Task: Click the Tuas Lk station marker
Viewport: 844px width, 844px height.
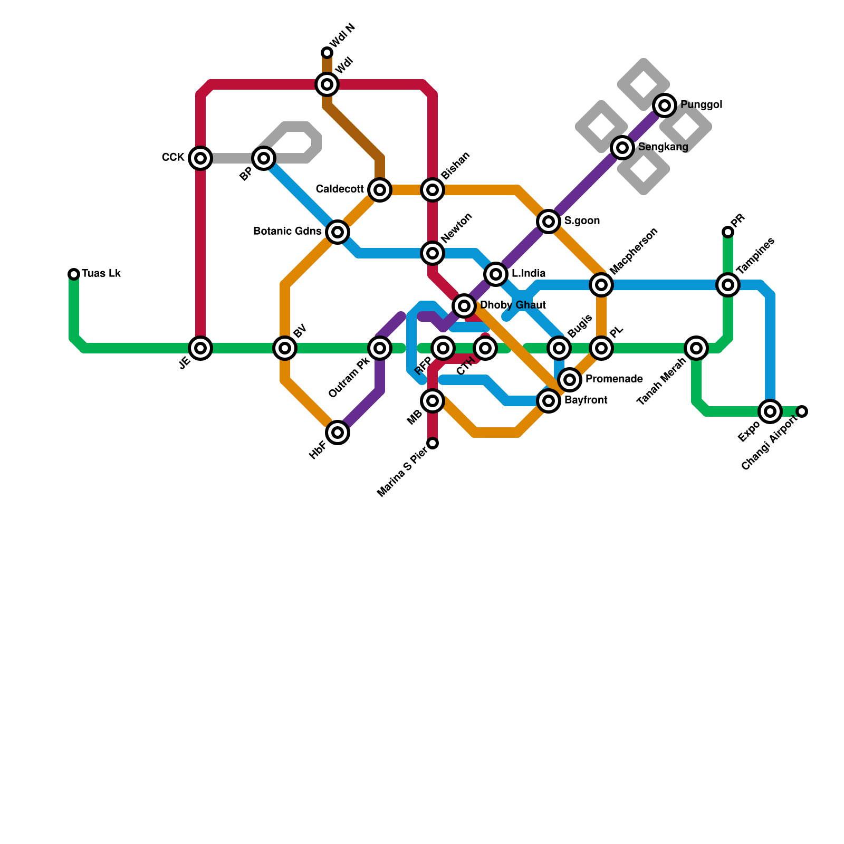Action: coord(74,274)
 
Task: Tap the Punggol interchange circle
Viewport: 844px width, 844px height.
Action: coord(665,105)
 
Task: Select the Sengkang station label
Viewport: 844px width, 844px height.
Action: coord(663,147)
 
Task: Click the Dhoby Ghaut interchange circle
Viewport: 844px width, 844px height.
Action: coord(464,305)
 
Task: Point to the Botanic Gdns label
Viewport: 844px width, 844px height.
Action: coord(287,232)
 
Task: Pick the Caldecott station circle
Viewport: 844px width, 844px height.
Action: coord(380,190)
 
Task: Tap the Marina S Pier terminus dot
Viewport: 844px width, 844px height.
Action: coord(433,443)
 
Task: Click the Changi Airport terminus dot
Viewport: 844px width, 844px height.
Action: coord(802,411)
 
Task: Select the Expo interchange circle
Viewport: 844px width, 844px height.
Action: coord(770,411)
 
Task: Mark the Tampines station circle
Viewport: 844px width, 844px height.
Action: coord(728,285)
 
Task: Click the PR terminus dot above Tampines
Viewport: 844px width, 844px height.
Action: coord(728,232)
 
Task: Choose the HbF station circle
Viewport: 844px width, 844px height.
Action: coord(338,433)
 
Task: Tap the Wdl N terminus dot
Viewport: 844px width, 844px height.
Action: coord(327,53)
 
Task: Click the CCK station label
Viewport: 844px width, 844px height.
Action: coord(173,158)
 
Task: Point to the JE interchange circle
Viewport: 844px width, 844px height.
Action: coord(200,348)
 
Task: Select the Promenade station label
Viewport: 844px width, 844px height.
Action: coord(614,379)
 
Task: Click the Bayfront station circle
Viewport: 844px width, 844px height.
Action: coord(549,401)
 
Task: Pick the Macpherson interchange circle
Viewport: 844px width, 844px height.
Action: coord(601,285)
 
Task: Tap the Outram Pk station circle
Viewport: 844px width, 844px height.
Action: coord(380,348)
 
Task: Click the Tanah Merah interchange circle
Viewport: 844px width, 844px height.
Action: coord(696,348)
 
